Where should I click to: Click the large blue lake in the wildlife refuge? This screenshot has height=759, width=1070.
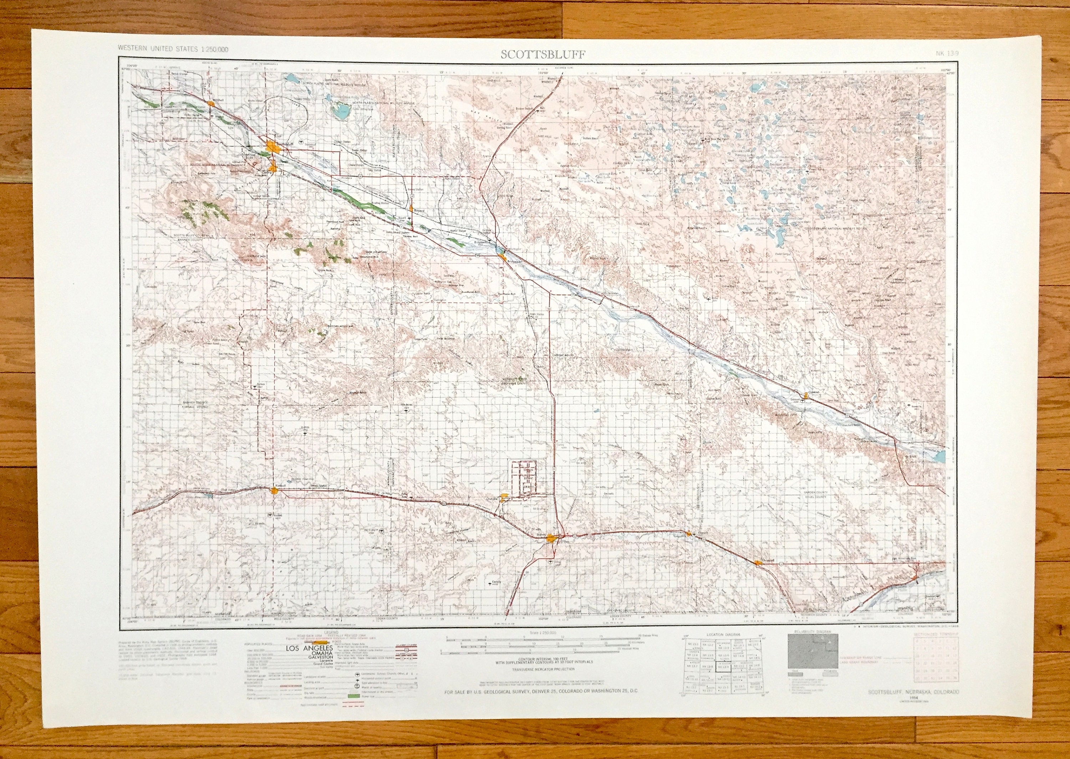(x=340, y=110)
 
